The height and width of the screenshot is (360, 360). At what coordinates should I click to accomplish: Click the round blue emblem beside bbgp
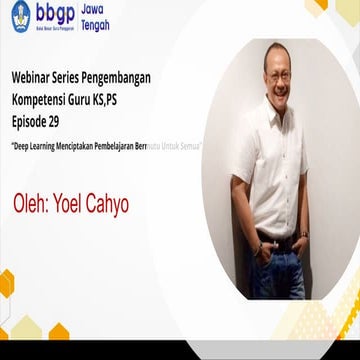19,15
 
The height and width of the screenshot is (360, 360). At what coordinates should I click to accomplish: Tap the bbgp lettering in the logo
59,14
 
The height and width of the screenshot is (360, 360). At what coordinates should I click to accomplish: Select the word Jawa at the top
103,9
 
